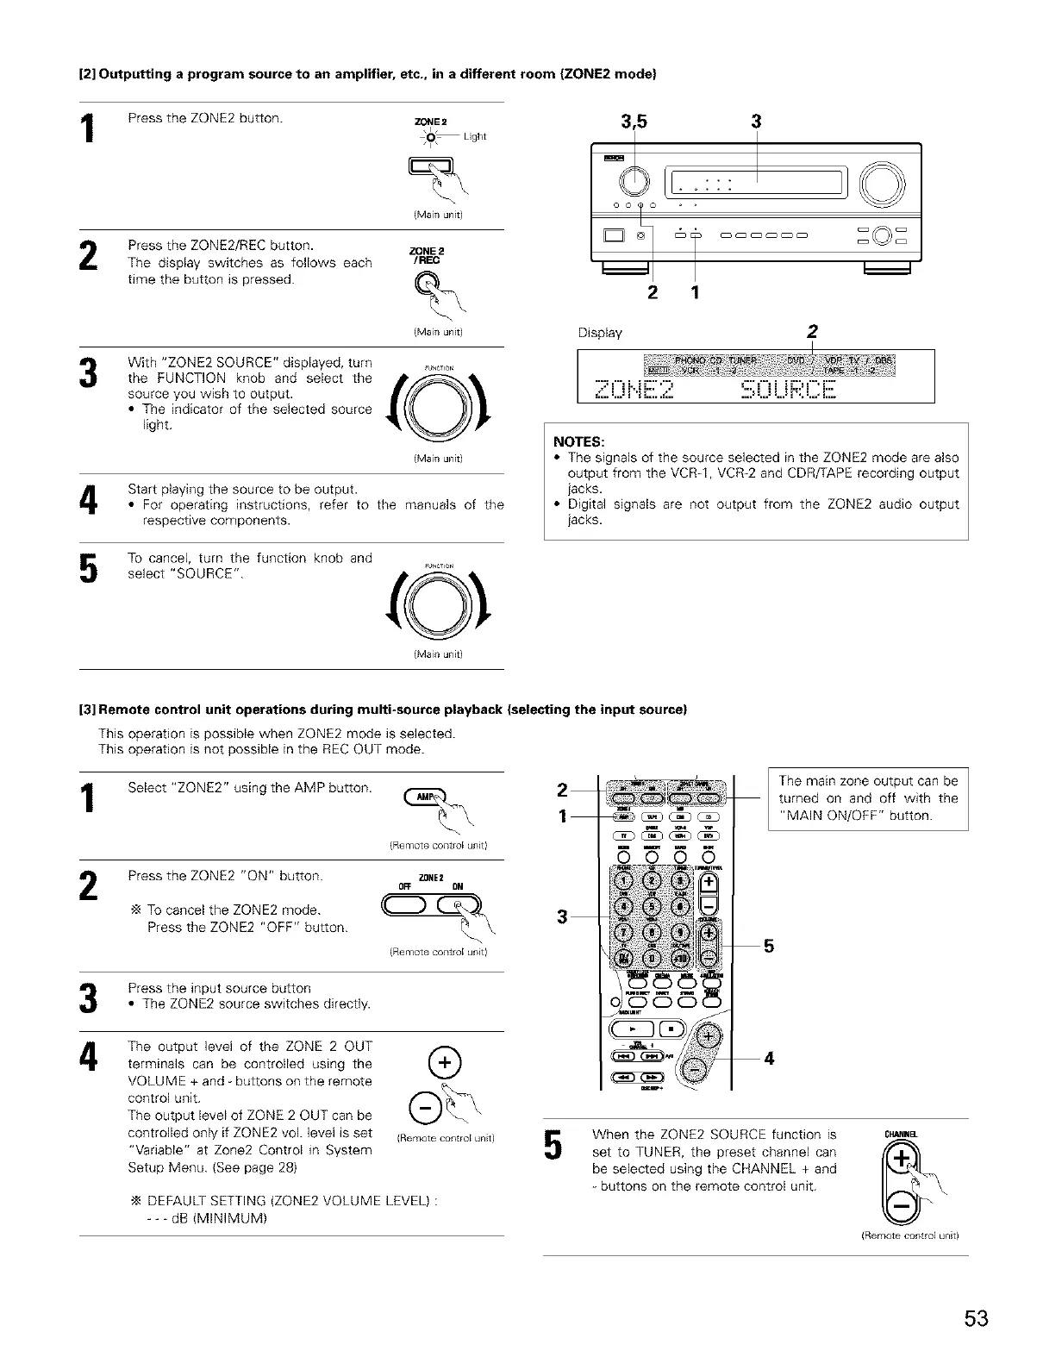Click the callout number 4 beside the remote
768,1058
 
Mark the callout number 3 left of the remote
561,916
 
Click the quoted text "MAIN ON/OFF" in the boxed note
832,816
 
